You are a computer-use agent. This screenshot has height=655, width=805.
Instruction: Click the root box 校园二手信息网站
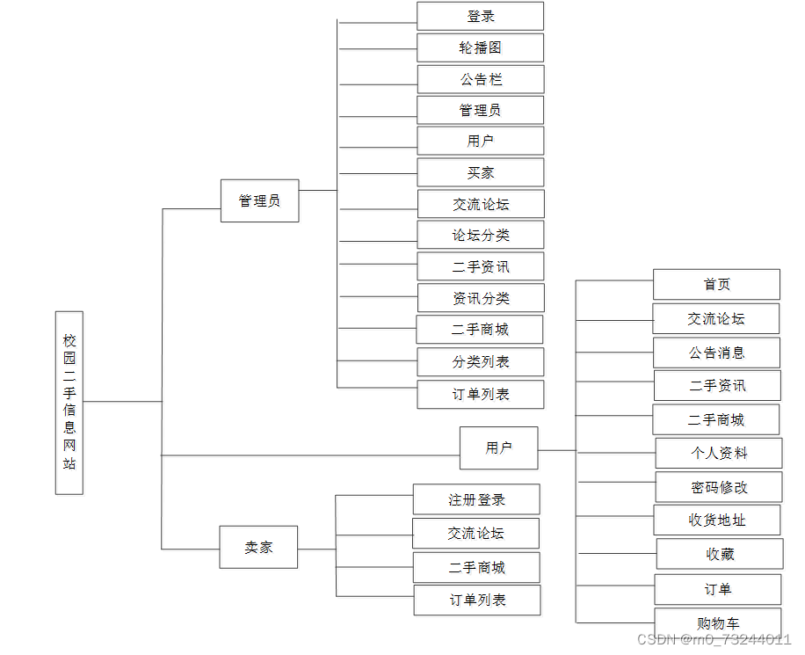click(x=69, y=402)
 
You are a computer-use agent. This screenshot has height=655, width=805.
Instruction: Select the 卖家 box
click(x=258, y=547)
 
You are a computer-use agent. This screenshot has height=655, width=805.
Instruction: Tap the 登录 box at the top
click(x=480, y=16)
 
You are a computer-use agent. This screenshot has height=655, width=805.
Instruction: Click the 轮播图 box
click(x=480, y=47)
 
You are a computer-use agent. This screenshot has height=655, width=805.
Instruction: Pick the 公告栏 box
click(x=480, y=79)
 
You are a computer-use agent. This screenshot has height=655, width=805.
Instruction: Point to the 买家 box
click(x=480, y=172)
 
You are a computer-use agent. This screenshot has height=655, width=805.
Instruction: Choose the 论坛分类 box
click(x=480, y=235)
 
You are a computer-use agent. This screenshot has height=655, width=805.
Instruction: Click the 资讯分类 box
click(x=480, y=298)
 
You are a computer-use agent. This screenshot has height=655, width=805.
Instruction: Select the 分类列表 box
click(x=480, y=361)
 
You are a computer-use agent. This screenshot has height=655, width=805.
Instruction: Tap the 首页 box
click(x=716, y=284)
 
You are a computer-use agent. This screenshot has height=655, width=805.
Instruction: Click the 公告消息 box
click(x=716, y=353)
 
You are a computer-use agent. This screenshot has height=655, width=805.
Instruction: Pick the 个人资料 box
click(x=718, y=453)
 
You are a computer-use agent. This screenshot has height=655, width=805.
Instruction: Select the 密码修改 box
click(x=718, y=487)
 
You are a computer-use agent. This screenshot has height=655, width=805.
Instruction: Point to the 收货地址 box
click(x=716, y=520)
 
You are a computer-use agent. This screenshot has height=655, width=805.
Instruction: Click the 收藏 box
click(x=719, y=554)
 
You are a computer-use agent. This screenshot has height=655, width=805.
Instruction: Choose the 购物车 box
click(x=717, y=622)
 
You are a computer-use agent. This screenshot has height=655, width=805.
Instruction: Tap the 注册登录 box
click(x=476, y=499)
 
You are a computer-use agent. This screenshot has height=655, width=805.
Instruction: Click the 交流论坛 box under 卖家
click(x=475, y=533)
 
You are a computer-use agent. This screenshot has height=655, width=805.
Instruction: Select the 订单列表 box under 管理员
click(x=480, y=394)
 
